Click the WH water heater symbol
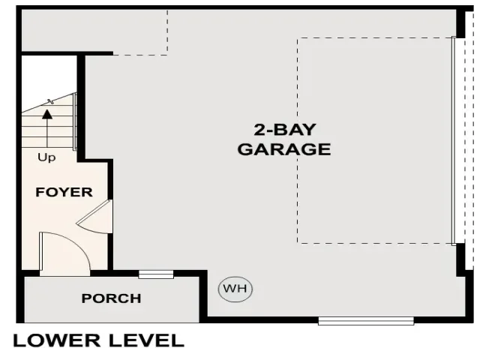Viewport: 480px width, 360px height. [235, 289]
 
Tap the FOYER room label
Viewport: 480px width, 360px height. [64, 192]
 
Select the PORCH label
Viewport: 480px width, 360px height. [112, 298]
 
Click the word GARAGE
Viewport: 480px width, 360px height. [284, 149]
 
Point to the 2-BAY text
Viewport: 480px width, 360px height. [285, 130]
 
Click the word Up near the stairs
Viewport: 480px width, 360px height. [46, 157]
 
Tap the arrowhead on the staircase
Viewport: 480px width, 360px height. [47, 115]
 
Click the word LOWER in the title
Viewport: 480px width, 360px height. [57, 340]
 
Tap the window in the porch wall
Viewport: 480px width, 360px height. [156, 274]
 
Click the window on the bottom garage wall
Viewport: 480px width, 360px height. [366, 321]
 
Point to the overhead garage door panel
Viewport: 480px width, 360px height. [454, 141]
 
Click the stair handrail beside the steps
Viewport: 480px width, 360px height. [75, 121]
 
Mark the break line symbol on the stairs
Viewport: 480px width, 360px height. [51, 102]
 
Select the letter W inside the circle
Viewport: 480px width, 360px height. [229, 289]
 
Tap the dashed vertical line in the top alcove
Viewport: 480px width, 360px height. [167, 32]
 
